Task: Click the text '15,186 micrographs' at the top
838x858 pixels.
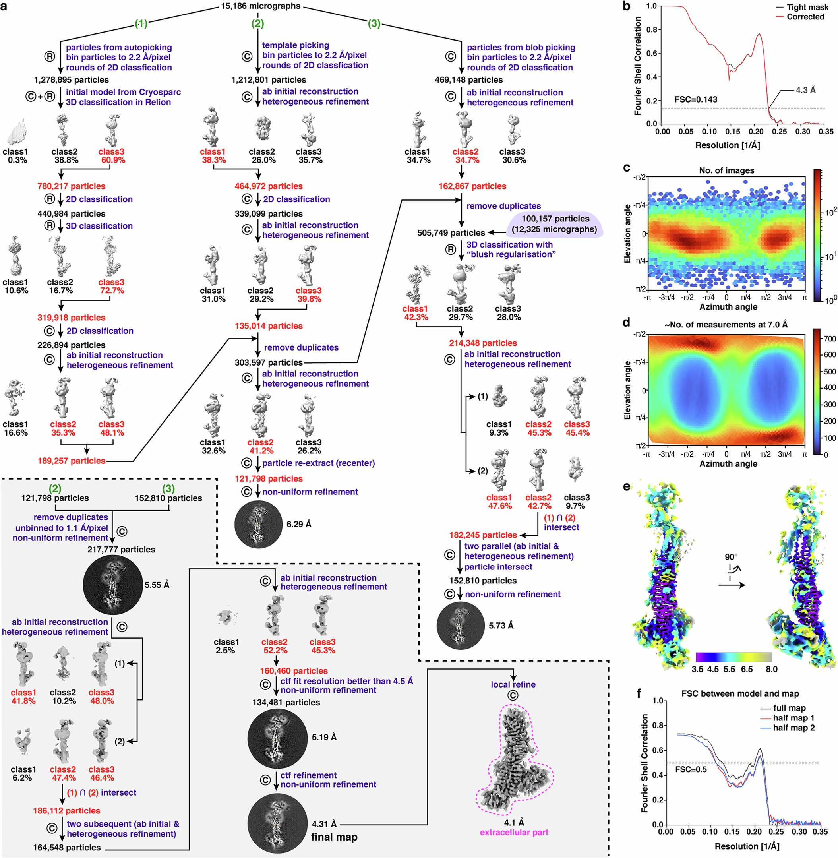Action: pyautogui.click(x=261, y=6)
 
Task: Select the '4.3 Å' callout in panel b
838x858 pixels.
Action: pyautogui.click(x=805, y=90)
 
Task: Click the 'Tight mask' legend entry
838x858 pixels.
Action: pyautogui.click(x=807, y=7)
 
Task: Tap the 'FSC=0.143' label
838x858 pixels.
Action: pyautogui.click(x=696, y=99)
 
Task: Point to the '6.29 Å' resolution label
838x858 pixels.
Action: pyautogui.click(x=298, y=524)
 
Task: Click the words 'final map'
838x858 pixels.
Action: pyautogui.click(x=334, y=837)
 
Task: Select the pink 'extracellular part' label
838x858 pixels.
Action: pyautogui.click(x=514, y=832)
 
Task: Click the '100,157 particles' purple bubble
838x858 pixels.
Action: pyautogui.click(x=555, y=224)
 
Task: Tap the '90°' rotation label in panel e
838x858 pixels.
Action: pyautogui.click(x=731, y=557)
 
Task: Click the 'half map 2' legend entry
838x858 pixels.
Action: pyautogui.click(x=793, y=728)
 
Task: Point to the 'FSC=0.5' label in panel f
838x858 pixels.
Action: pyautogui.click(x=691, y=769)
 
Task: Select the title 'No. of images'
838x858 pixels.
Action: pyautogui.click(x=726, y=170)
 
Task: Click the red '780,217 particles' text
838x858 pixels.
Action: pyautogui.click(x=71, y=186)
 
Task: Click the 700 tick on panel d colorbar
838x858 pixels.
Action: pyautogui.click(x=830, y=339)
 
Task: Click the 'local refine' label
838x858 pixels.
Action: pyautogui.click(x=513, y=684)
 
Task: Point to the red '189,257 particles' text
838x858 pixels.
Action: pyautogui.click(x=71, y=461)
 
